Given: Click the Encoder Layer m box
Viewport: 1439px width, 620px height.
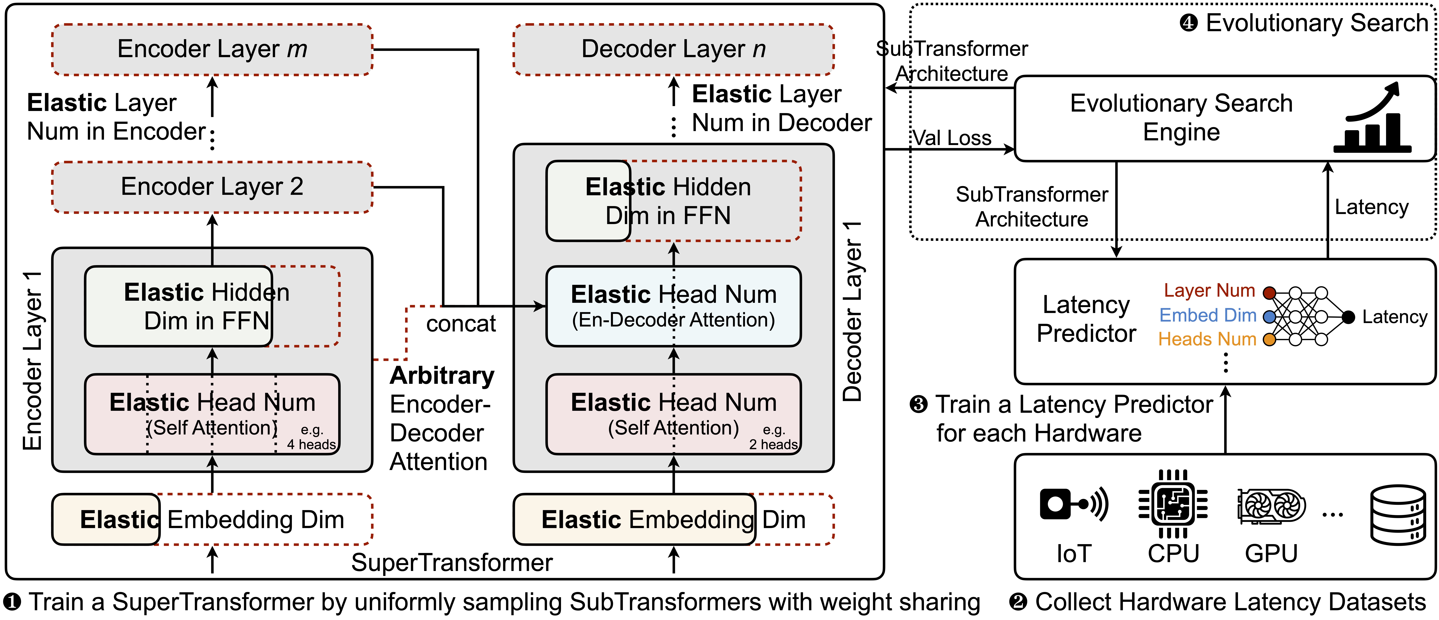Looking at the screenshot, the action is pyautogui.click(x=212, y=49).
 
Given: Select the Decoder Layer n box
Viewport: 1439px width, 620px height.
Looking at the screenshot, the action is pyautogui.click(x=674, y=49).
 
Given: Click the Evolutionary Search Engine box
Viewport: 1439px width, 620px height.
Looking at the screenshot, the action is pyautogui.click(x=1224, y=118).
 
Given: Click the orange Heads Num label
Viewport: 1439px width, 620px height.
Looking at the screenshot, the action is pyautogui.click(x=1207, y=339).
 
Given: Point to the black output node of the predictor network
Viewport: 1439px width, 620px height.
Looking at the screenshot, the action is pyautogui.click(x=1348, y=317).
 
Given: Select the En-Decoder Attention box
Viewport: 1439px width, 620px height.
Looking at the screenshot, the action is pyautogui.click(x=674, y=306).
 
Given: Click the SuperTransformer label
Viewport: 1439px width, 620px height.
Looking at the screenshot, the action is pyautogui.click(x=452, y=562).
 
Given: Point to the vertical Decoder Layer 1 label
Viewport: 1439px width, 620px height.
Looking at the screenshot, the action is pyautogui.click(x=852, y=311).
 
